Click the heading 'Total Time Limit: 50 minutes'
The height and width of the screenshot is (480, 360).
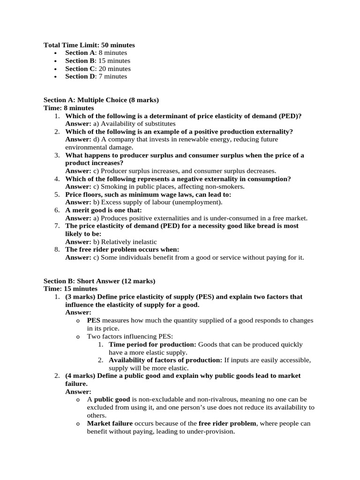pos(89,45)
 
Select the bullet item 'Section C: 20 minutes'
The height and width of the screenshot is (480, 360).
pos(98,68)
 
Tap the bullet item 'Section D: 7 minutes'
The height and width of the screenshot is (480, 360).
pos(96,76)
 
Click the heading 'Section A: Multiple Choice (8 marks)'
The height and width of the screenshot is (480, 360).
pos(101,100)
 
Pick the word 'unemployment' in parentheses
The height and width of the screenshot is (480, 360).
pos(200,202)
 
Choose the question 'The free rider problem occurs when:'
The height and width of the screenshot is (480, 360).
pos(122,250)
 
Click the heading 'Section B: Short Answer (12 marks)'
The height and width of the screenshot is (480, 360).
pos(99,281)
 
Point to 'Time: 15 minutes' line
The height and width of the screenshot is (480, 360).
pos(70,289)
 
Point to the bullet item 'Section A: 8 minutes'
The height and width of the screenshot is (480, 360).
pos(96,53)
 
